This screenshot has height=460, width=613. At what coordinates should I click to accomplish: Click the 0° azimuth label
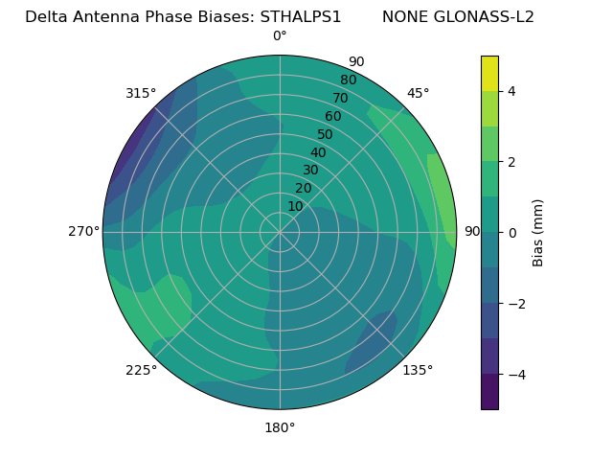tap(280, 36)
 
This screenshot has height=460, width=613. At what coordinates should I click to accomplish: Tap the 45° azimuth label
tap(419, 93)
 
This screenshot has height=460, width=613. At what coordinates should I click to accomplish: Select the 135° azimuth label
tap(418, 370)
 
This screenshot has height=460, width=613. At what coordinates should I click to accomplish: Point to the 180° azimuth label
tap(280, 427)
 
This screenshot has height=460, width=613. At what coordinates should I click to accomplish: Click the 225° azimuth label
tap(141, 370)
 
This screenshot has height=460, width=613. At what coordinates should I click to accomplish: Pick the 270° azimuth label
tap(83, 231)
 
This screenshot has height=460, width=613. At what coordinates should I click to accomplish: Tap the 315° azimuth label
tap(141, 93)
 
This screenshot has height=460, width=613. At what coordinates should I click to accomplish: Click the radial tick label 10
tap(295, 206)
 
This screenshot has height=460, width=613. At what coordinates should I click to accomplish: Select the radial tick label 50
tap(326, 134)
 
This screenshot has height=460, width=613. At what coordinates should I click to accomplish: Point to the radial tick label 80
tap(348, 80)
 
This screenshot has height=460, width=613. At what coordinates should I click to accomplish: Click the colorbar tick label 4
tap(511, 91)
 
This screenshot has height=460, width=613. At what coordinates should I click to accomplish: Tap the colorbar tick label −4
tap(513, 374)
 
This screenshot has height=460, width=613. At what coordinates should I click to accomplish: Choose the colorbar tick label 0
tap(511, 233)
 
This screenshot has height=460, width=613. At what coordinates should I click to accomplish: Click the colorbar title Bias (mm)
tap(538, 232)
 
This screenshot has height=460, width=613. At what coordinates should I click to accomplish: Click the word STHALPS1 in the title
tap(302, 17)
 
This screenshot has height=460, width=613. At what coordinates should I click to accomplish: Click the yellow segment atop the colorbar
tap(489, 73)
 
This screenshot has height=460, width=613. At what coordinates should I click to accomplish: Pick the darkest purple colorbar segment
tap(489, 392)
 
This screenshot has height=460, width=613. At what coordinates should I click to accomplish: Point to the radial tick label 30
tap(310, 170)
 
